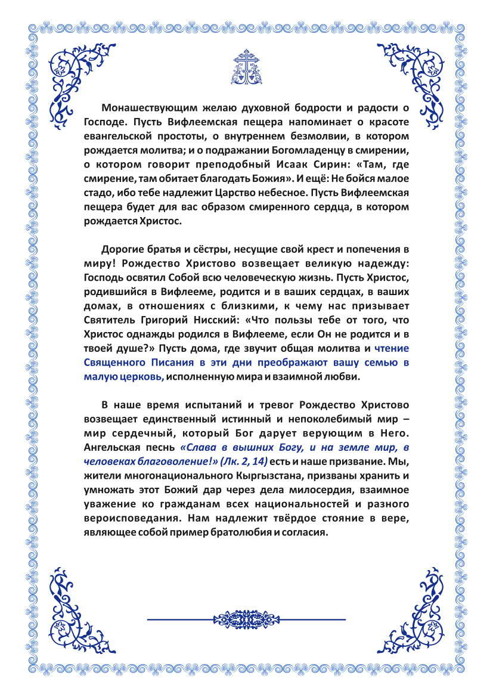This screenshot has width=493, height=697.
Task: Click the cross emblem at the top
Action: click(246, 67)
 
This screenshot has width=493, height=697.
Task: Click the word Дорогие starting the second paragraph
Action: click(123, 249)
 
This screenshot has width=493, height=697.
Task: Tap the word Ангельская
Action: click(115, 447)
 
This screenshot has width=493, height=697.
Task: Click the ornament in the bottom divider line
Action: click(246, 619)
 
